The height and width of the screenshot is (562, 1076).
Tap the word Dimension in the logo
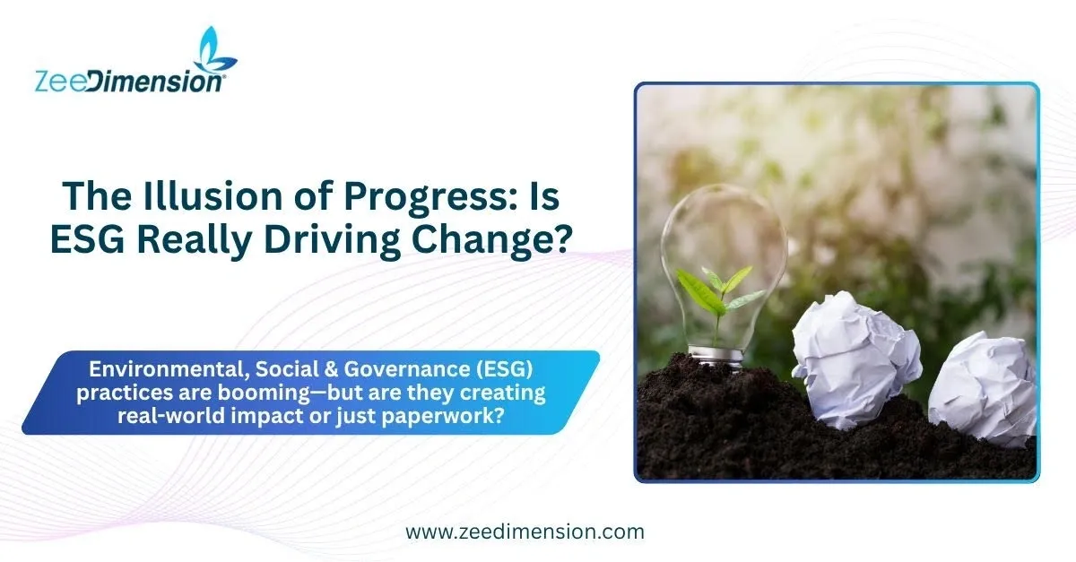(x=155, y=82)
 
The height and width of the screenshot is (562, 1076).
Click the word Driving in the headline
(x=332, y=241)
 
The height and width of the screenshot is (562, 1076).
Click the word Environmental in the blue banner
(x=169, y=369)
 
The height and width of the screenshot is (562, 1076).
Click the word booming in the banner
(x=264, y=393)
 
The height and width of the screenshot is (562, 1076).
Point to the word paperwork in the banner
(x=442, y=416)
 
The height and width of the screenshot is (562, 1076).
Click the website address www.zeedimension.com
(x=525, y=532)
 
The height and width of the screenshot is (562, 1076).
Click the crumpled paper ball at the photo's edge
(x=983, y=389)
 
